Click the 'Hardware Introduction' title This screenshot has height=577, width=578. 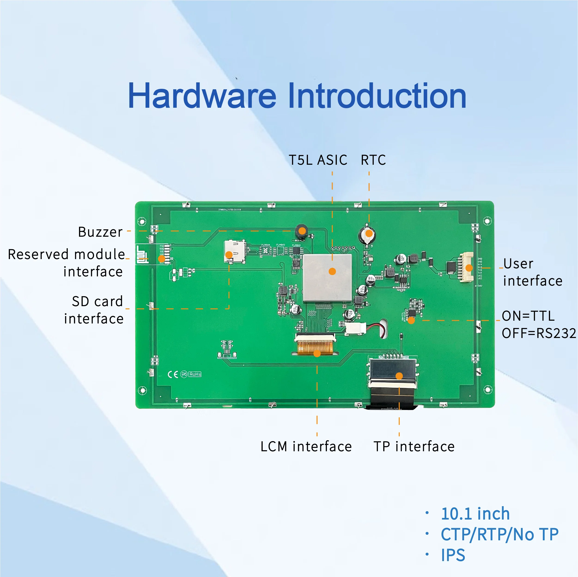297,96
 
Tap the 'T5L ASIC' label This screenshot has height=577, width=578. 318,160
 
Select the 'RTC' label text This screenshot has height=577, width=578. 373,160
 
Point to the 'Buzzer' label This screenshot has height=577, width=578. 100,232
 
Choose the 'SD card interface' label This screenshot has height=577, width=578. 97,310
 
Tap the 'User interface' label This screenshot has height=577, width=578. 532,272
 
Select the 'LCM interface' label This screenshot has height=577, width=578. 306,447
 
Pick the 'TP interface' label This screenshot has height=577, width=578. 414,447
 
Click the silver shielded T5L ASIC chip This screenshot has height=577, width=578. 327,278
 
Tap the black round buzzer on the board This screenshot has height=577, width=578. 302,231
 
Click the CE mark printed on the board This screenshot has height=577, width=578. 173,374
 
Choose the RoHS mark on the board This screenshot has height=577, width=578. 195,374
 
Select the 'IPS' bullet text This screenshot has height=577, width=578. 453,555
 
